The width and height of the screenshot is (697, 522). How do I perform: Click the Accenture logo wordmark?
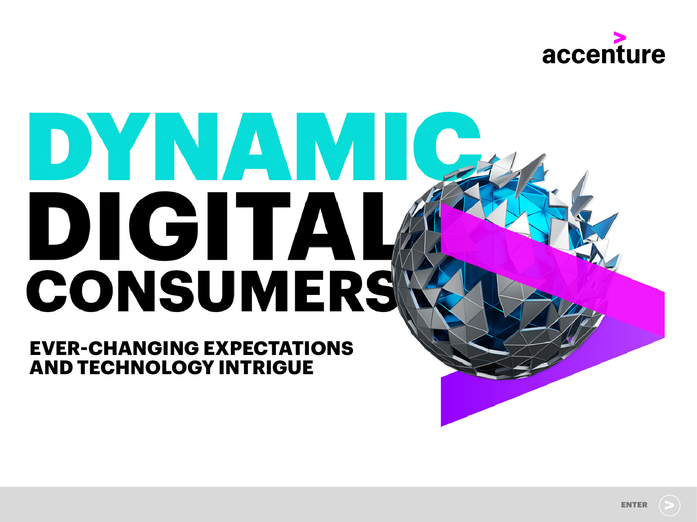[x=603, y=55]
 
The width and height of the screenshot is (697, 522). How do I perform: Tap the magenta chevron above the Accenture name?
[x=620, y=38]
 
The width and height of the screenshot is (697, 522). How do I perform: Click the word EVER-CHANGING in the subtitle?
[x=114, y=348]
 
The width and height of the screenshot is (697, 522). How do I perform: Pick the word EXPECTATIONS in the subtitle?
[x=278, y=348]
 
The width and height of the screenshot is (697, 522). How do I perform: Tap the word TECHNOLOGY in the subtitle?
[x=146, y=367]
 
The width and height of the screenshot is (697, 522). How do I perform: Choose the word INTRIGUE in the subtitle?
[x=266, y=367]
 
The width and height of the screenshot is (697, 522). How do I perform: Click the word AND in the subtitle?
[x=51, y=367]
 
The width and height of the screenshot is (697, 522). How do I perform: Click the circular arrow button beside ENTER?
[x=669, y=505]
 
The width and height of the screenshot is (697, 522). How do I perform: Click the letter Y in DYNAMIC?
[x=119, y=146]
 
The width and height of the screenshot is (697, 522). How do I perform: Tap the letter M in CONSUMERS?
[x=279, y=291]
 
